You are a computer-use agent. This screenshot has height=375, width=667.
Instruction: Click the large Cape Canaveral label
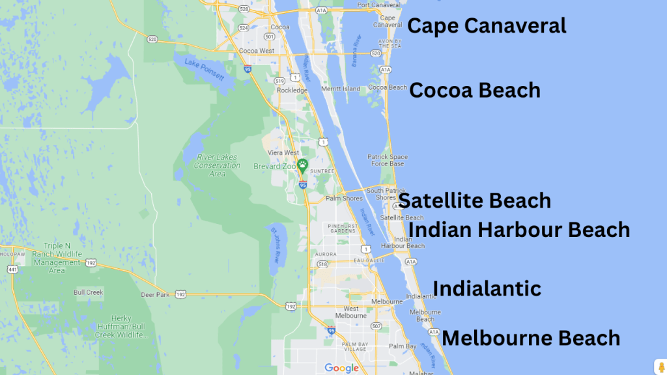[x=487, y=26]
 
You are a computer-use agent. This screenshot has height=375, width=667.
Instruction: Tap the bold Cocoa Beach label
[x=475, y=90]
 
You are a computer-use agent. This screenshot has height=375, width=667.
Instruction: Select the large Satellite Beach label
[x=475, y=201]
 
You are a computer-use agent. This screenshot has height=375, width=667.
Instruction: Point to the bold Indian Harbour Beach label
[x=519, y=230]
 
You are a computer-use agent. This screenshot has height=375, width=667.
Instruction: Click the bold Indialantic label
[x=487, y=288]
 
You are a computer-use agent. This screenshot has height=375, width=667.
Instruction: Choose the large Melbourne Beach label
[x=531, y=339]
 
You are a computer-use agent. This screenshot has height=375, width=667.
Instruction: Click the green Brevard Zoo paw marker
[x=302, y=165]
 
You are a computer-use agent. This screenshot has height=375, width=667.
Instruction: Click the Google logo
[x=342, y=368]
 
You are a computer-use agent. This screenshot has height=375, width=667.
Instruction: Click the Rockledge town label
[x=292, y=90]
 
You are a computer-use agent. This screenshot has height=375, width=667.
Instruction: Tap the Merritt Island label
[x=340, y=89]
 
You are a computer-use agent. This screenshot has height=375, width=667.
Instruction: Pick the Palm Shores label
[x=344, y=198]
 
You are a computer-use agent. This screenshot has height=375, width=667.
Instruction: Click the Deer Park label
[x=155, y=295]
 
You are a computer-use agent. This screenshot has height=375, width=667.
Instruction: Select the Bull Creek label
[x=89, y=292]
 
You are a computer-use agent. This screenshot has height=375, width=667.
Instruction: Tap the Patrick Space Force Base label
[x=388, y=160]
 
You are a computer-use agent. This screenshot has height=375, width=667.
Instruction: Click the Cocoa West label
[x=257, y=51]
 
